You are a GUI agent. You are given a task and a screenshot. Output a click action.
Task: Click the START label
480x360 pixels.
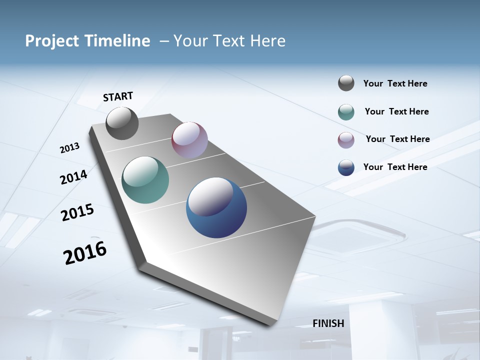pos(118,96)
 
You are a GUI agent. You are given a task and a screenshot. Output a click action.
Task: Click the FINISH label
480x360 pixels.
pos(328,323)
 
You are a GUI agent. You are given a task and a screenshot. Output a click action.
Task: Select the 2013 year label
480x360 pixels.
pos(69,148)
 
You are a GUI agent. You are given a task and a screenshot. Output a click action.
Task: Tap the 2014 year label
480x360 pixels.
pos(74,177)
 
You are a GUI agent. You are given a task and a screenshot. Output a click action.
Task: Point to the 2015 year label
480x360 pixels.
pos(77,212)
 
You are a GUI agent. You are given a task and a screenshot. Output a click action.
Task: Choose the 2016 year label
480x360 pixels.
pos(85,253)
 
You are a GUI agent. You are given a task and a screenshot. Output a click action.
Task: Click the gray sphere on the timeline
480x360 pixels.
pos(122,123)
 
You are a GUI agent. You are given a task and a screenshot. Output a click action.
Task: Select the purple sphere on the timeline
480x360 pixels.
pos(189,140)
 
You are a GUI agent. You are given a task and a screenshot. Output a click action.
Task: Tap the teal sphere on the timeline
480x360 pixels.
pos(145,180)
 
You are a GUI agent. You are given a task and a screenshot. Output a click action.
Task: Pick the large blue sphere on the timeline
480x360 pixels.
pos(216,207)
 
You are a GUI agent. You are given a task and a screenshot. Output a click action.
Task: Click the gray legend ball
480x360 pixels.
pos(346,83)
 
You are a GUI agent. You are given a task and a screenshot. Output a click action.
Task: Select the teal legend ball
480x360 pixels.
pos(346,112)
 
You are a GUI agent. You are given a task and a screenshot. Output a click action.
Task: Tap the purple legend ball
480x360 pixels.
pos(346,140)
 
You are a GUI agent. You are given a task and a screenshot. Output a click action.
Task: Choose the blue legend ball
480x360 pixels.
pos(346,167)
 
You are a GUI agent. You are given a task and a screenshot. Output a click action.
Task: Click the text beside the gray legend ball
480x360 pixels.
pos(395,84)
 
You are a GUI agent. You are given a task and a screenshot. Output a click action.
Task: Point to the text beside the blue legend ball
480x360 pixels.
pos(395,167)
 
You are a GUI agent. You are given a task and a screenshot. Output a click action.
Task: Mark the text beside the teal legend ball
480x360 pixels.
pos(397,111)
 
